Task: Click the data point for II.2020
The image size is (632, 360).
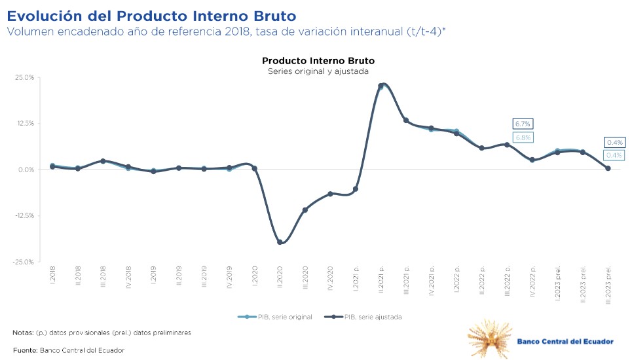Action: pyautogui.click(x=280, y=242)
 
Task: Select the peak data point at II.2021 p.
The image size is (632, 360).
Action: pyautogui.click(x=381, y=86)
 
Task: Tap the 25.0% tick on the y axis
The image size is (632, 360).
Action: pyautogui.click(x=25, y=78)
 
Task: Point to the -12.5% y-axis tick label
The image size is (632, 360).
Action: pyautogui.click(x=24, y=216)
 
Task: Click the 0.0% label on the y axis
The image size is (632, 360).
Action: pyautogui.click(x=26, y=170)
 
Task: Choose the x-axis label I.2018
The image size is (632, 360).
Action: pyautogui.click(x=52, y=275)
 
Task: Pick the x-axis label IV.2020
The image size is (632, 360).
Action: pyautogui.click(x=330, y=278)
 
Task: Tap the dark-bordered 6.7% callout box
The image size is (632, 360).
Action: pyautogui.click(x=523, y=124)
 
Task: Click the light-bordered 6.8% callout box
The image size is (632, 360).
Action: pyautogui.click(x=523, y=137)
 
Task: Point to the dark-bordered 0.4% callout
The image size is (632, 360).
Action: pyautogui.click(x=614, y=142)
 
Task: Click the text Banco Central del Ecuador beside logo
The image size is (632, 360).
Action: pyautogui.click(x=565, y=342)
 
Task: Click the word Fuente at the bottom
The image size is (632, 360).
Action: pyautogui.click(x=25, y=350)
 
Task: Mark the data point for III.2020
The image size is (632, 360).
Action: pyautogui.click(x=305, y=209)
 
